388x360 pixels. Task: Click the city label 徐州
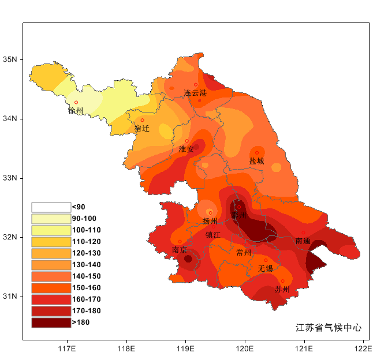pos(76,111)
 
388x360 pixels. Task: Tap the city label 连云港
pos(195,93)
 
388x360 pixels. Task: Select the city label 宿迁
pos(142,129)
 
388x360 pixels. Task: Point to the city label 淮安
pos(186,149)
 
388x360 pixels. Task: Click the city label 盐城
pos(257,162)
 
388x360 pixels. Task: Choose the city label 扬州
pos(210,221)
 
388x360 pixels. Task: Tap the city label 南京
pos(180,250)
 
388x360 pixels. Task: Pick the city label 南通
pos(303,241)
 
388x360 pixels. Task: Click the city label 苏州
pos(282,289)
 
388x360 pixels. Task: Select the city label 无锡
pos(265,269)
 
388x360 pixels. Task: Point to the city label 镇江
pos(213,235)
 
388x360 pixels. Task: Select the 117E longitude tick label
pos(67,348)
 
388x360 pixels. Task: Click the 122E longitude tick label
pos(363,348)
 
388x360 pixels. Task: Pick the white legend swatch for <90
pos(51,207)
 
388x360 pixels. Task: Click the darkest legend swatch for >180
pos(51,322)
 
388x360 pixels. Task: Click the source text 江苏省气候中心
pos(329,328)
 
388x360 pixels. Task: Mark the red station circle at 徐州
pos(76,102)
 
